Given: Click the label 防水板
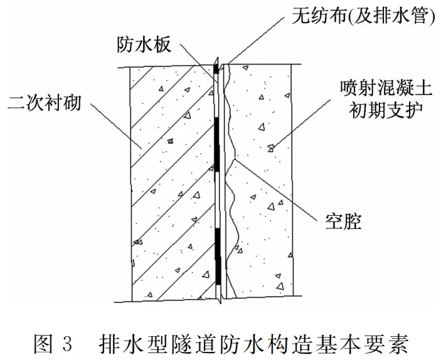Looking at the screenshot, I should [x=144, y=45].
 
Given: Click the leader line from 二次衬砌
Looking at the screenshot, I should [x=113, y=125].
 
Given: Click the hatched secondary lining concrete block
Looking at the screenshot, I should [x=169, y=182].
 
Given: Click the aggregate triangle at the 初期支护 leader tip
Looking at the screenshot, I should [x=270, y=148].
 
